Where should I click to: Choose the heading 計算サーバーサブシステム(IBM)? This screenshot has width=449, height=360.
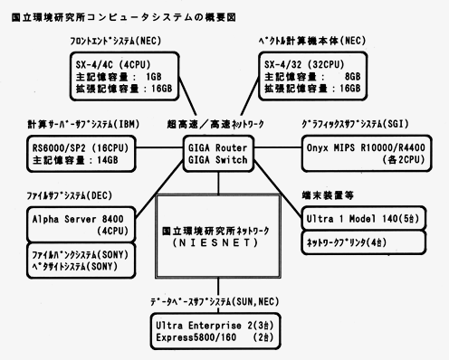tap(80, 124)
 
